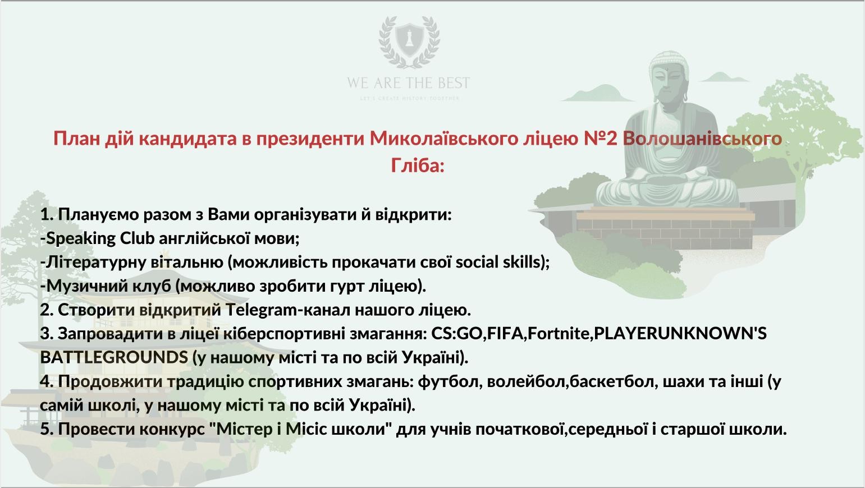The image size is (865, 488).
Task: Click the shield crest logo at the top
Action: coord(409,42)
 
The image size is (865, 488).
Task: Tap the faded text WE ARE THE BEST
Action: coord(409,83)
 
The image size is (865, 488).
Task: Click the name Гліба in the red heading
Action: coord(418,165)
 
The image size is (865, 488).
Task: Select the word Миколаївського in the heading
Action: coord(443,139)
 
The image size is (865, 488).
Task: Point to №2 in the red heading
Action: coord(601,139)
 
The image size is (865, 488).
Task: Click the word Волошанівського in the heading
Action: coord(702,139)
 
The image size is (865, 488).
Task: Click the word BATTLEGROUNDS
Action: coord(114,358)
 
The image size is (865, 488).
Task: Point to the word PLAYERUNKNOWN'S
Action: coord(680,334)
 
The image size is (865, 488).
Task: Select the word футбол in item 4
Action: coord(450,381)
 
